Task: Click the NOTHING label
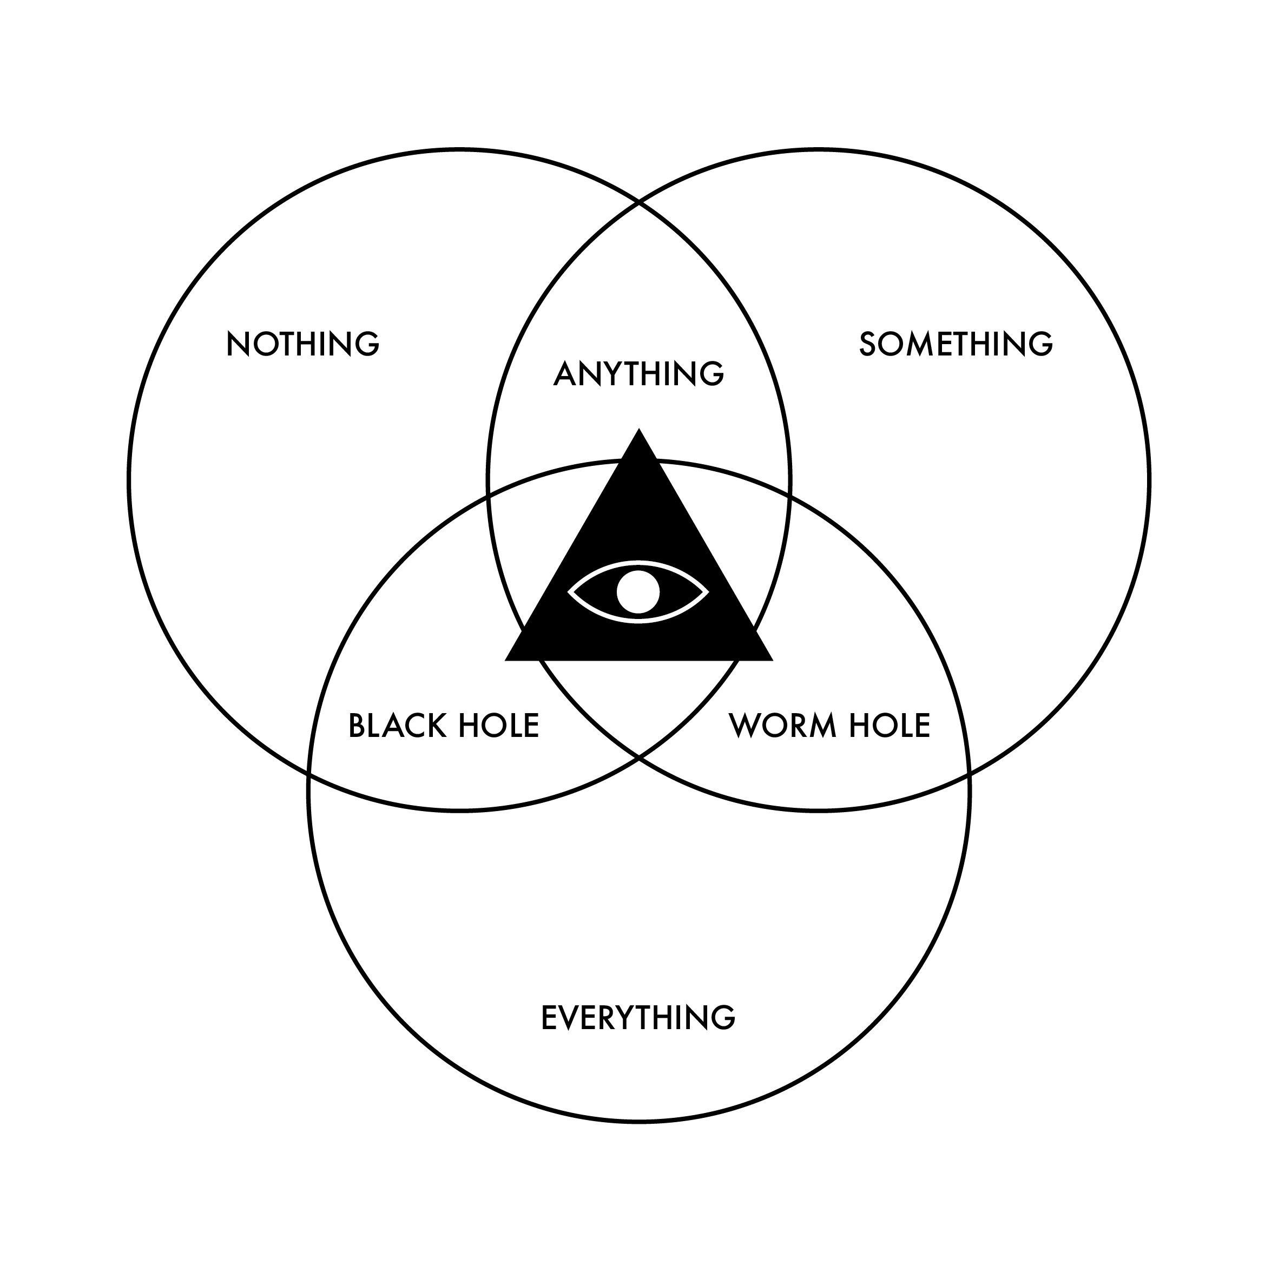pyautogui.click(x=302, y=344)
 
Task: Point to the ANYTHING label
pyautogui.click(x=638, y=374)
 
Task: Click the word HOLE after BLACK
pyautogui.click(x=499, y=726)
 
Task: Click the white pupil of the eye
pyautogui.click(x=638, y=592)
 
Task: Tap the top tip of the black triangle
pyautogui.click(x=638, y=430)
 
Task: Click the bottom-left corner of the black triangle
pyautogui.click(x=506, y=660)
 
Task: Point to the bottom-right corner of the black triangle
pyautogui.click(x=772, y=660)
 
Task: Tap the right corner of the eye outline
pyautogui.click(x=708, y=592)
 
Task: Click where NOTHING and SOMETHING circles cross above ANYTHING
pyautogui.click(x=638, y=202)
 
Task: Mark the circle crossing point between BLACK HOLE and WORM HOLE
pyautogui.click(x=638, y=755)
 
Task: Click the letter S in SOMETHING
pyautogui.click(x=868, y=344)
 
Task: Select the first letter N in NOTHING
pyautogui.click(x=238, y=344)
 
